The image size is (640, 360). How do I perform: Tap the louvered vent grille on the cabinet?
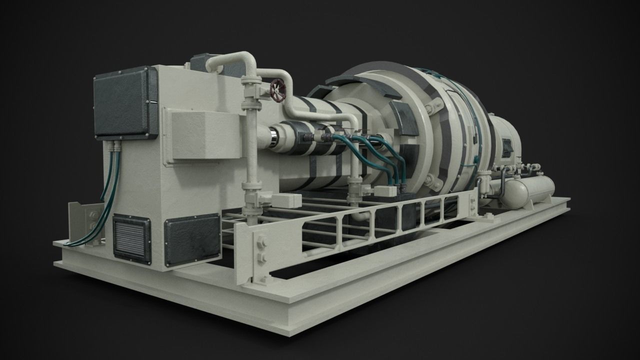(131, 238)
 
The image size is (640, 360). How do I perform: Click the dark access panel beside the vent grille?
(192, 240)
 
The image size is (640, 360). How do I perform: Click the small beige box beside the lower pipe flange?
(286, 200)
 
